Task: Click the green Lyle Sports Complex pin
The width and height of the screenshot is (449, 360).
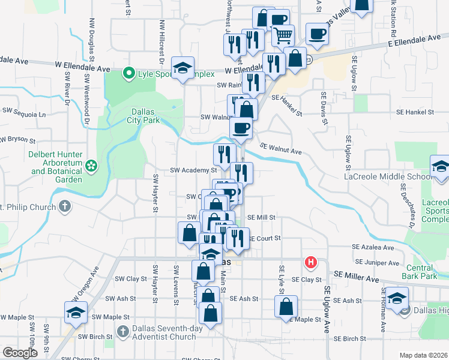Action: point(128,74)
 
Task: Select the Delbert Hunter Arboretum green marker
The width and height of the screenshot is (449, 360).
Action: point(91,164)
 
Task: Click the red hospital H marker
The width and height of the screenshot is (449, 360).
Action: point(310,262)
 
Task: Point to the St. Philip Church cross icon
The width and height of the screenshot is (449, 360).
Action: point(65,207)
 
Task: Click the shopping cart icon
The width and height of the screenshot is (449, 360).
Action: point(283,35)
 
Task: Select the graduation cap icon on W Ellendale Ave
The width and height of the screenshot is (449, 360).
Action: point(182,68)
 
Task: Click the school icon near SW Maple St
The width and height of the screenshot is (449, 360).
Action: point(76,312)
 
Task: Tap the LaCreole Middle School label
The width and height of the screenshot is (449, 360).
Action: point(384,176)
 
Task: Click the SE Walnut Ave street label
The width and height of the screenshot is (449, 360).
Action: point(280,148)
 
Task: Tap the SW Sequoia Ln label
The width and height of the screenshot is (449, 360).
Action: point(24,113)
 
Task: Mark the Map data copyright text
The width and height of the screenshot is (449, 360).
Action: point(424,355)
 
